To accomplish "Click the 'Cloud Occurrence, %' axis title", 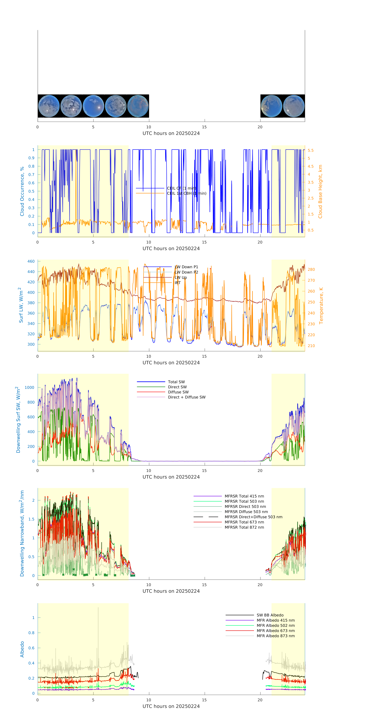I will click(22, 191).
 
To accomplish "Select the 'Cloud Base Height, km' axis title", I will click(320, 191).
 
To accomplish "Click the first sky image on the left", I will click(49, 106).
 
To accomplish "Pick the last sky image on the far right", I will click(294, 106).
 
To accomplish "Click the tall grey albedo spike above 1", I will click(98, 608).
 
